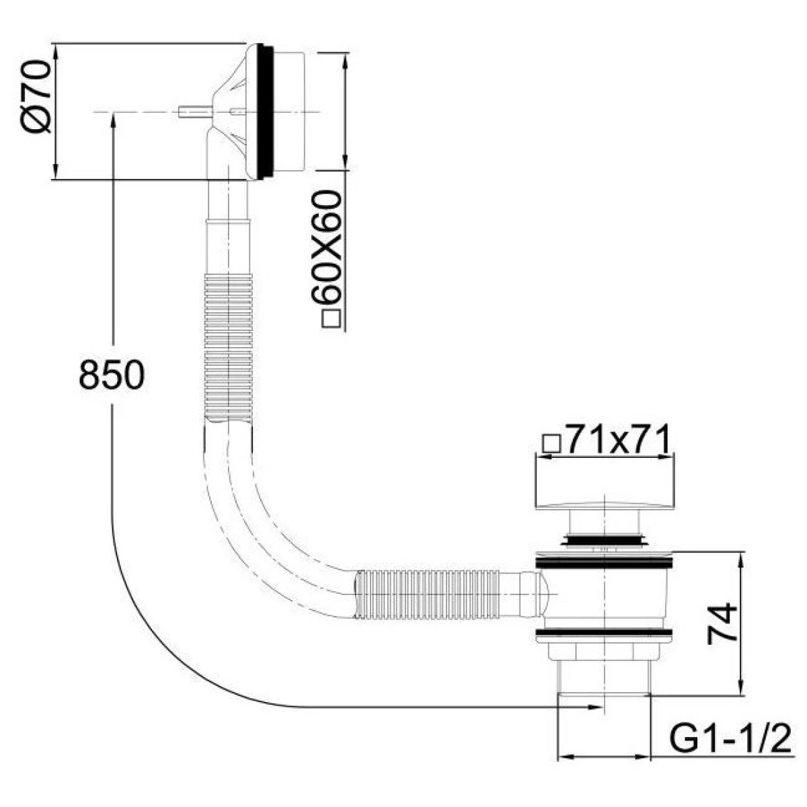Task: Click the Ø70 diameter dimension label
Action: click(36, 96)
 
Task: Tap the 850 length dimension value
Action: click(112, 375)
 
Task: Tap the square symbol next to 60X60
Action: click(332, 320)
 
